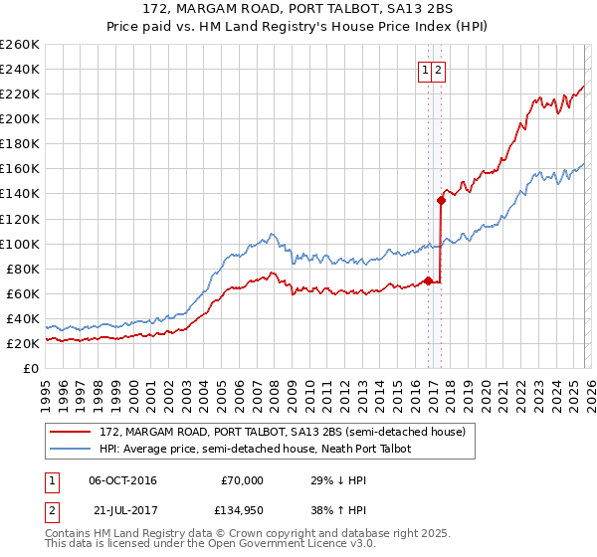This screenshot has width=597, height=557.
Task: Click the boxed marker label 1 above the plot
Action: pos(425,70)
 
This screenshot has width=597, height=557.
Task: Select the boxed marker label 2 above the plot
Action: pos(438,70)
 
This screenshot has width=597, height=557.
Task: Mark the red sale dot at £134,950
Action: pos(441,200)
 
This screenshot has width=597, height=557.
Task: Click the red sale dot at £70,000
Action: pos(428,280)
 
